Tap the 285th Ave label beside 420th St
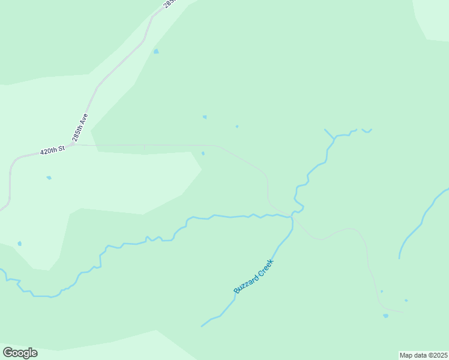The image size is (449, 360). (x=80, y=127)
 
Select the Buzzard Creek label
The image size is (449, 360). (x=253, y=276)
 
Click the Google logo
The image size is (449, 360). (x=20, y=353)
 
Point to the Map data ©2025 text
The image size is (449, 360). (x=424, y=355)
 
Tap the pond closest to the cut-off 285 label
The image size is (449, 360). (x=156, y=52)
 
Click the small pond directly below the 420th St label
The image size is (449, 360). (x=49, y=178)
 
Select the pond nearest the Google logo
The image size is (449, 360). (x=20, y=244)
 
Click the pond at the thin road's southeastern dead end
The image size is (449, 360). (x=385, y=316)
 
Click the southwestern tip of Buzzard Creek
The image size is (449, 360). (x=202, y=326)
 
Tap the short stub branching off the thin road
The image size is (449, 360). (x=144, y=148)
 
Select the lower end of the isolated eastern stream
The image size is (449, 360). (x=400, y=258)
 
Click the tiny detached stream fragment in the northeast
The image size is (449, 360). (x=367, y=130)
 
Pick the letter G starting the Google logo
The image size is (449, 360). (x=7, y=353)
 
